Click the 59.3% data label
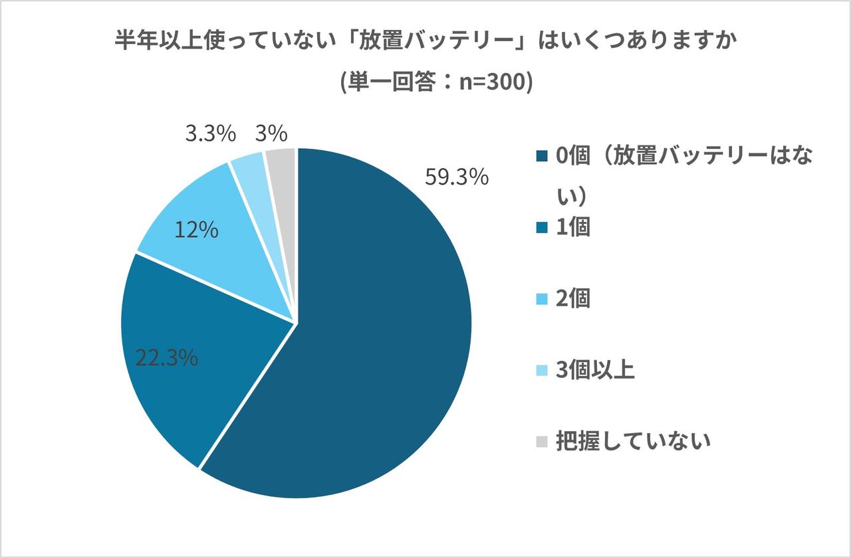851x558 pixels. (x=457, y=179)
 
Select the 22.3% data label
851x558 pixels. (x=166, y=358)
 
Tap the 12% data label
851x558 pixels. (x=196, y=230)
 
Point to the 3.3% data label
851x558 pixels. (x=210, y=134)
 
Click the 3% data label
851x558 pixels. (x=271, y=134)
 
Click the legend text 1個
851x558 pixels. (x=573, y=227)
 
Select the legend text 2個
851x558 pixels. (x=573, y=299)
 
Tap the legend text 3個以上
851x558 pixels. (x=595, y=369)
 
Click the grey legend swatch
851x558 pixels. (x=543, y=441)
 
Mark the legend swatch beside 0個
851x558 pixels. (x=543, y=157)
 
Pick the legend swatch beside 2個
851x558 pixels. (x=543, y=300)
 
